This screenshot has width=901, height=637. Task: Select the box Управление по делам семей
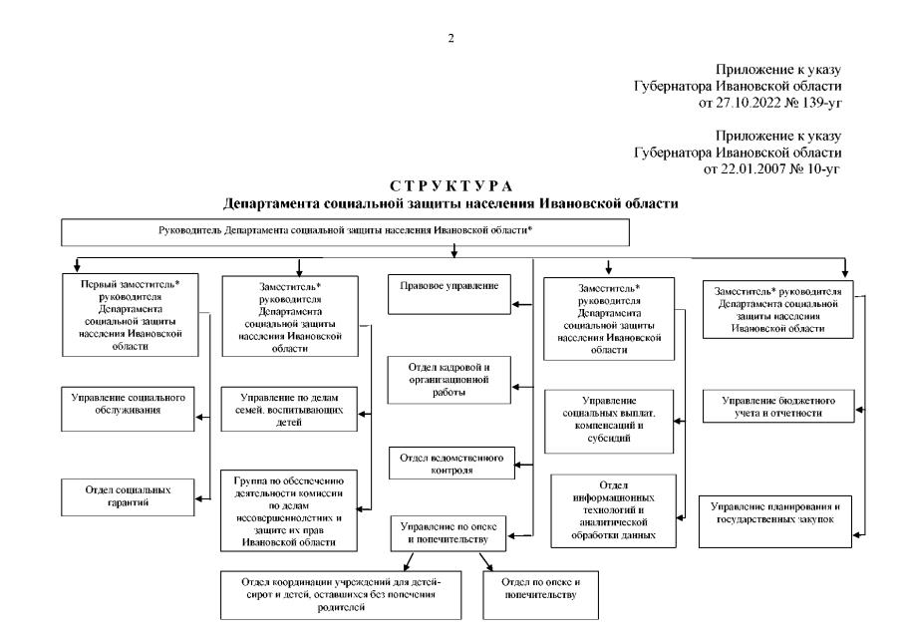pyautogui.click(x=289, y=409)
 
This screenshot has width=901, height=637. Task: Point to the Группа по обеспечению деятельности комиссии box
pyautogui.click(x=289, y=507)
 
